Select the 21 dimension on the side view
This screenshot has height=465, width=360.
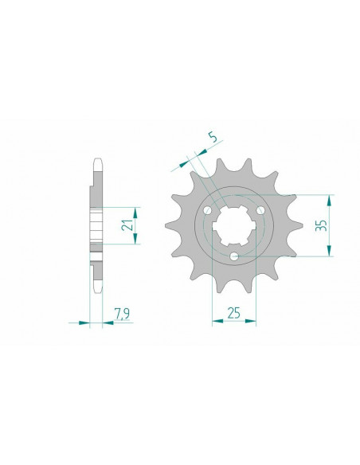pos(126,226)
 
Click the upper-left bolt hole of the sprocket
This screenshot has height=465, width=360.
pos(207,210)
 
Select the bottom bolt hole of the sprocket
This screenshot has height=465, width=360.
pos(233,256)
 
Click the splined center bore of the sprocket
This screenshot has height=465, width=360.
pos(233,226)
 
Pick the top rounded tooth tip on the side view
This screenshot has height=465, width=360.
pos(96,160)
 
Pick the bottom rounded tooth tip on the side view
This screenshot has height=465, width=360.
pos(96,292)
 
